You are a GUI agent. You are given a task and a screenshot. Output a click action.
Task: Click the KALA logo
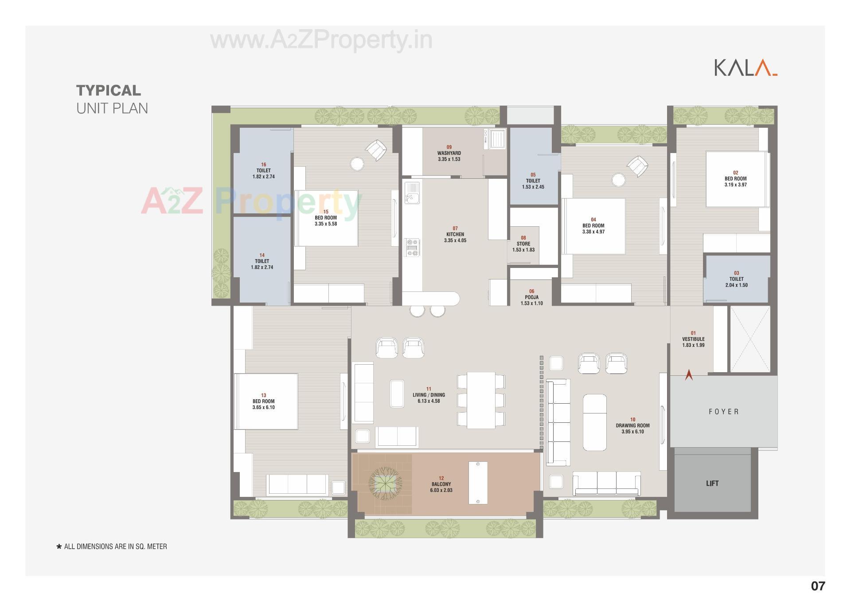click(745, 68)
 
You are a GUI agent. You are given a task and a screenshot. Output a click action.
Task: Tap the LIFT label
click(712, 483)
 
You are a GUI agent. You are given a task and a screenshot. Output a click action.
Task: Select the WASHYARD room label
click(449, 153)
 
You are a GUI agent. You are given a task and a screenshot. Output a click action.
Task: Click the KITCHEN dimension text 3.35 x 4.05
click(455, 240)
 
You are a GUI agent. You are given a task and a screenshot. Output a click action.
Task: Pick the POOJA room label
click(532, 297)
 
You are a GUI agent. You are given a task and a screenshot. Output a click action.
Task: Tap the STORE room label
click(523, 244)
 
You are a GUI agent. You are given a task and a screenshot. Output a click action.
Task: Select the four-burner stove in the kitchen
click(412, 248)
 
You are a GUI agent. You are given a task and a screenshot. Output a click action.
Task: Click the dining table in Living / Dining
click(481, 400)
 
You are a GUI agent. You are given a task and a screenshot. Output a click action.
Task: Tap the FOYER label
click(724, 412)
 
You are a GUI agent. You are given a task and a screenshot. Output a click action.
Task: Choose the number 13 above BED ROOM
click(264, 395)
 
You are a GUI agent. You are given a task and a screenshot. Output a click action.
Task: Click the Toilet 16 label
click(264, 170)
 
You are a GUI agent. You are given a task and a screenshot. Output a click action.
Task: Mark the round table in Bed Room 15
click(357, 164)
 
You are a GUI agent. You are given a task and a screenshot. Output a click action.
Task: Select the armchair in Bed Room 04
click(637, 166)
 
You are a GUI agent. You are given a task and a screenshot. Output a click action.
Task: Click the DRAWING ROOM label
click(632, 425)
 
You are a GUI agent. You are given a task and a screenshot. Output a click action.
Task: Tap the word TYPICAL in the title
click(109, 90)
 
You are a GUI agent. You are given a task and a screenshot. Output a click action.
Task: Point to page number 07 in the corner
click(818, 586)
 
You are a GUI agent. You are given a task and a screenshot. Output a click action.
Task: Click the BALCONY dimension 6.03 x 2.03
click(441, 490)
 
